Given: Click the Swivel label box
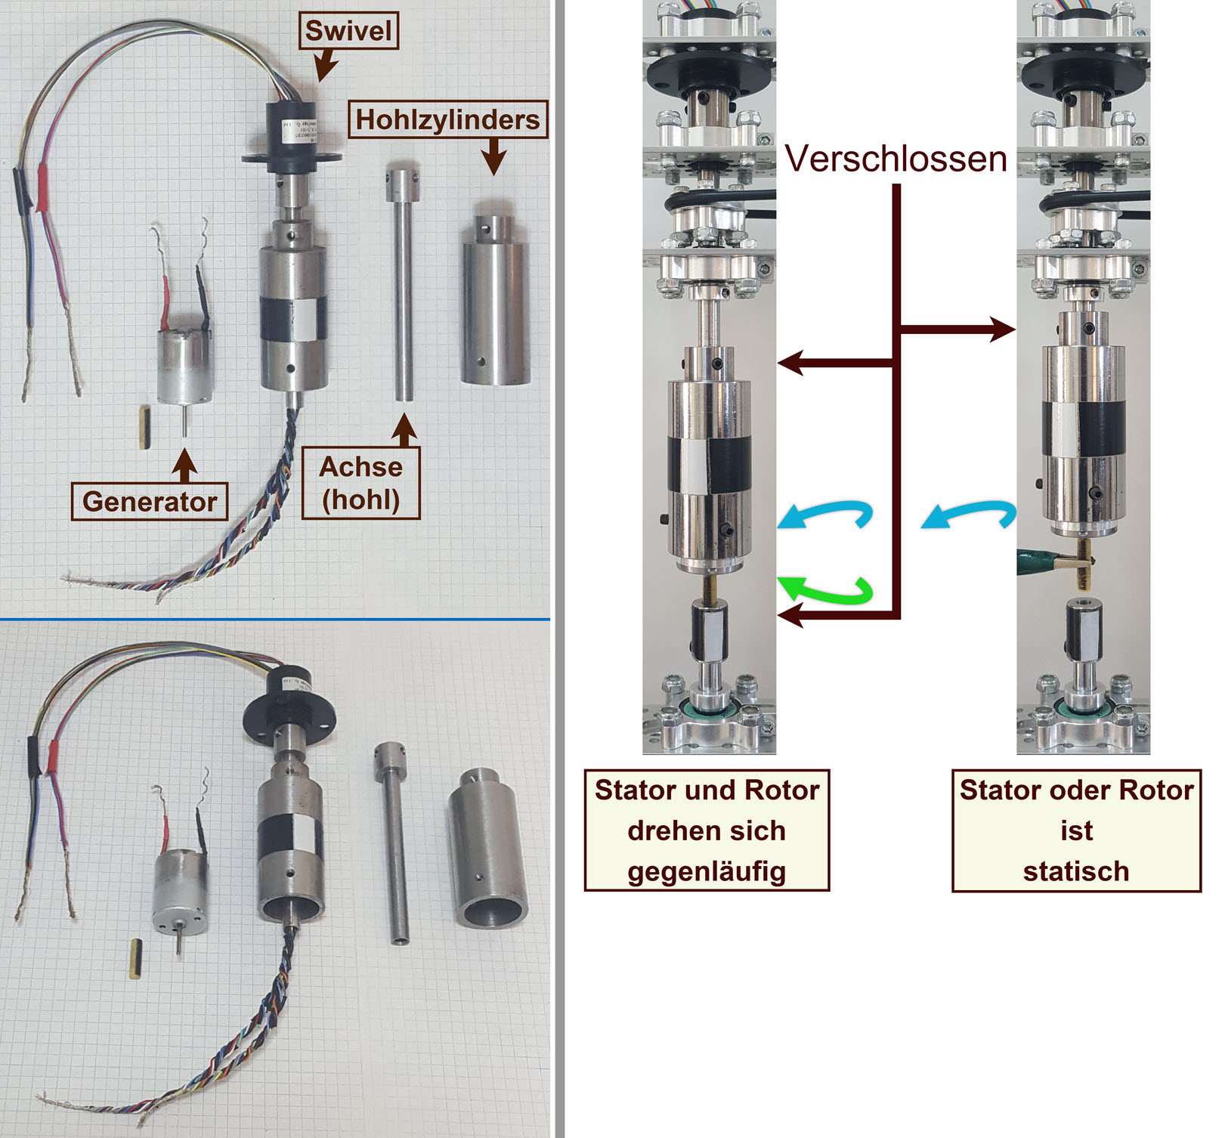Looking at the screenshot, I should coord(348,32).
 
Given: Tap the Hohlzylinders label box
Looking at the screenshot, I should coord(447,119).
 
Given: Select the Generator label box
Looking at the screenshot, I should coord(149,502).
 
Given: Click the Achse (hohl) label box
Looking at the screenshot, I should coord(360,484).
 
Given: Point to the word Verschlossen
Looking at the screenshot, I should coord(896,159).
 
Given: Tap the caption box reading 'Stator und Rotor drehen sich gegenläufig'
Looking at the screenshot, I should coord(707,830).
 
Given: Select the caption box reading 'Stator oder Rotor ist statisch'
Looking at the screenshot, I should coord(1076,830).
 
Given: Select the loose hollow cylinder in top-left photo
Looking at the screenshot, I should coord(495,302).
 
